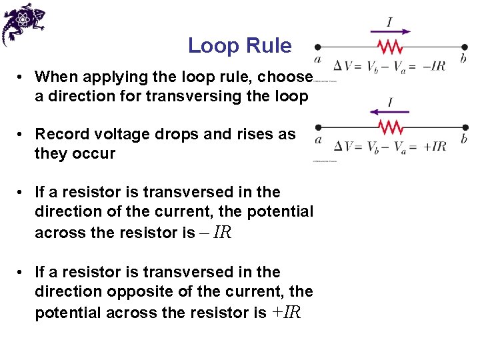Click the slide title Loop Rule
pyautogui.click(x=239, y=46)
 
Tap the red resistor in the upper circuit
pyautogui.click(x=390, y=47)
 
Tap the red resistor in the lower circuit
pyautogui.click(x=390, y=127)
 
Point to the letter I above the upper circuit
pyautogui.click(x=389, y=22)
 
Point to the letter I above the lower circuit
pyautogui.click(x=389, y=103)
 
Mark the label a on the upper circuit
pyautogui.click(x=318, y=59)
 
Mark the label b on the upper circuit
pyautogui.click(x=463, y=59)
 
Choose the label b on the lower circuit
pyautogui.click(x=463, y=139)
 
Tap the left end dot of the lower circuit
pyautogui.click(x=318, y=127)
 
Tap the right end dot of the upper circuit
pyautogui.click(x=464, y=47)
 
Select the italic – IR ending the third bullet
pyautogui.click(x=215, y=233)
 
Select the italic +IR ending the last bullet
pyautogui.click(x=286, y=313)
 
